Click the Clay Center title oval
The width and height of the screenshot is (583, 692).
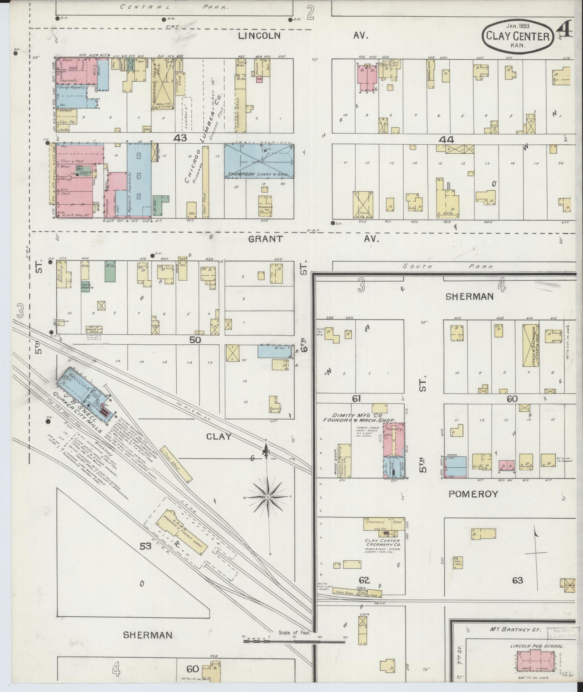(x=518, y=36)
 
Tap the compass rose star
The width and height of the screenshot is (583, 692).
(x=267, y=498)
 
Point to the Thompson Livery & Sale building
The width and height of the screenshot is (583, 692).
(x=258, y=161)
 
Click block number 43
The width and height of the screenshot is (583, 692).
(x=180, y=138)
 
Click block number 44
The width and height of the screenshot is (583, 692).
(x=446, y=140)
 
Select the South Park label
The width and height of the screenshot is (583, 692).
(x=448, y=267)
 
